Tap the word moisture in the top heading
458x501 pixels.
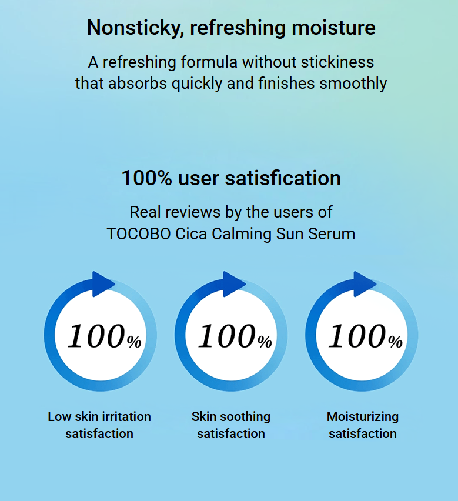(x=333, y=28)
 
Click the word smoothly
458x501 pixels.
(x=353, y=84)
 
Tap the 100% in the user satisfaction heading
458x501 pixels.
(x=147, y=178)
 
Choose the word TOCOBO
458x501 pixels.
(x=139, y=234)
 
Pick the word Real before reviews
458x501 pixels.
(x=143, y=212)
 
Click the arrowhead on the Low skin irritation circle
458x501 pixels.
(x=102, y=284)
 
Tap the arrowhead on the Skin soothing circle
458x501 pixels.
(x=233, y=284)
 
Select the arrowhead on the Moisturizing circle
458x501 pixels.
(x=363, y=284)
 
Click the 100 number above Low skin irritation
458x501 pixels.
(x=96, y=336)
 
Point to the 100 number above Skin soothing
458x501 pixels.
(x=227, y=336)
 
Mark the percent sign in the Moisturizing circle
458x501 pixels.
(x=396, y=342)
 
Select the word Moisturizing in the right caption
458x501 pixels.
(x=363, y=417)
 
